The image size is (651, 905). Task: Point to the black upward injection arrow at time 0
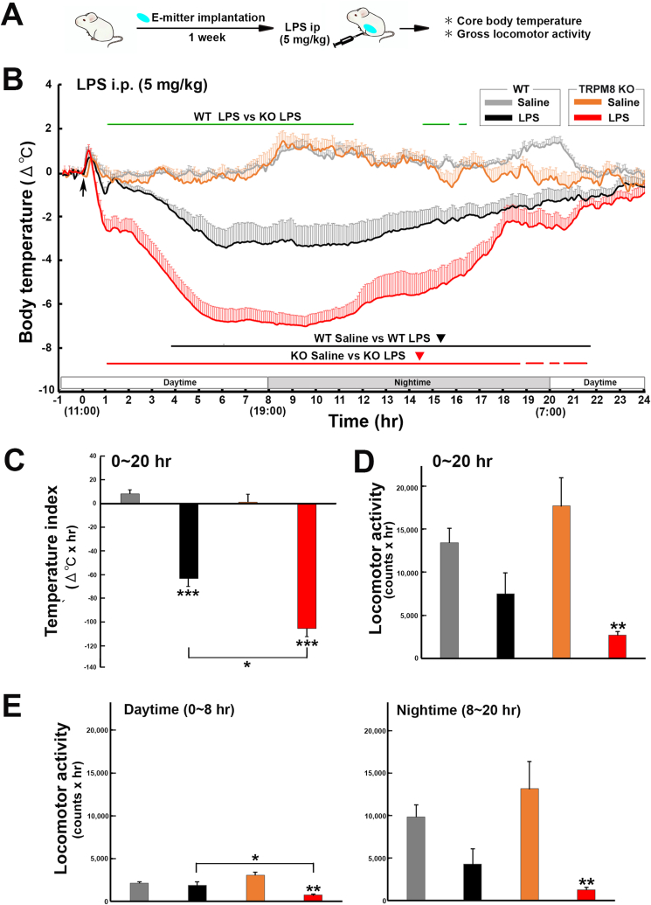pyautogui.click(x=82, y=186)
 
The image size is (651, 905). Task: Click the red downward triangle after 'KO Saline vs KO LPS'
pyautogui.click(x=420, y=356)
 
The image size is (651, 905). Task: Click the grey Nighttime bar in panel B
pyautogui.click(x=408, y=383)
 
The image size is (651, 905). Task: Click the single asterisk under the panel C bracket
pyautogui.click(x=246, y=665)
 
